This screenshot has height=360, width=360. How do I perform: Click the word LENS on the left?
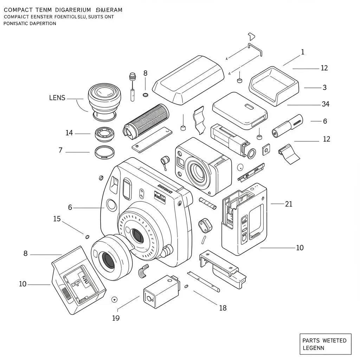pos(57,98)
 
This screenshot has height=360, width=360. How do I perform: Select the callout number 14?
pos(69,133)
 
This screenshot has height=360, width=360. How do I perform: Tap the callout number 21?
pos(288,204)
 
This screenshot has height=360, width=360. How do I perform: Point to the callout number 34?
pos(325,104)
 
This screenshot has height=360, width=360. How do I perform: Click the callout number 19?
pos(116,318)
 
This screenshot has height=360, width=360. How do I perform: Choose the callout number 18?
pos(223,308)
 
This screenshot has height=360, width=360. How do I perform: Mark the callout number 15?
pos(57,219)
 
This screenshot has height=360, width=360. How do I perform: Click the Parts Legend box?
pos(325,344)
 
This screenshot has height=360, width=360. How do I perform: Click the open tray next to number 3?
pos(274,85)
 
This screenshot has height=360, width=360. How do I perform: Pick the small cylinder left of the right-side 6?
pos(287,126)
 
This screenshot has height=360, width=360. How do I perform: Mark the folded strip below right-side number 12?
pos(289,154)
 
